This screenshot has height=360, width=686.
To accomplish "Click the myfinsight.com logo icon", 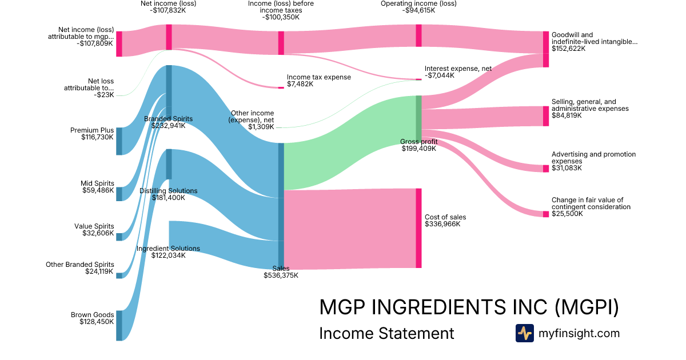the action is pyautogui.click(x=524, y=333).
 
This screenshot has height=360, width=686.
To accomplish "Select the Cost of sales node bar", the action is pyautogui.click(x=418, y=228).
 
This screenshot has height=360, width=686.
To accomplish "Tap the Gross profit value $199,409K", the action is pyautogui.click(x=418, y=149).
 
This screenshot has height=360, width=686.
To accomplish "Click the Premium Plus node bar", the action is pyautogui.click(x=119, y=141).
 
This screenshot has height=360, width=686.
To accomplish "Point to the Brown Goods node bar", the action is pyautogui.click(x=119, y=326).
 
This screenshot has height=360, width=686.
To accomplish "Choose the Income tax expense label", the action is pyautogui.click(x=319, y=77).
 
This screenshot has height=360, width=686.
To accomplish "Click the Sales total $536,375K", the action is pyautogui.click(x=281, y=275).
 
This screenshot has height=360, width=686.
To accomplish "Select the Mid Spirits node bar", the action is pyautogui.click(x=119, y=194).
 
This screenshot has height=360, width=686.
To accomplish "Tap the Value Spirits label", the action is pyautogui.click(x=94, y=226).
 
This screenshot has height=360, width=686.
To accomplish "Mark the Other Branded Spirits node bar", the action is pyautogui.click(x=119, y=275).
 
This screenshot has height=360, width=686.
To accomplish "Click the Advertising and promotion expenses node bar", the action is pyautogui.click(x=545, y=168).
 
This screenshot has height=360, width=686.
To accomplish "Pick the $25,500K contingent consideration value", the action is pyautogui.click(x=567, y=214).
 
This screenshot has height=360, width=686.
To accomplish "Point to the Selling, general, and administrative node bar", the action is pyautogui.click(x=545, y=116).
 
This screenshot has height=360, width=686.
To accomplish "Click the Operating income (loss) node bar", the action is pyautogui.click(x=418, y=35).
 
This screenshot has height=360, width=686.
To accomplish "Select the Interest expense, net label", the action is pyautogui.click(x=458, y=69).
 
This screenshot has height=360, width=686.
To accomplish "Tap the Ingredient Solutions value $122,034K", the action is pyautogui.click(x=168, y=255).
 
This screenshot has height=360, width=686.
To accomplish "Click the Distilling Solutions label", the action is pyautogui.click(x=169, y=191).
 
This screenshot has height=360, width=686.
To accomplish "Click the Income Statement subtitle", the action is pyautogui.click(x=386, y=333).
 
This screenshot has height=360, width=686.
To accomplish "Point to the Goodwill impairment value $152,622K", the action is pyautogui.click(x=568, y=49).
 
